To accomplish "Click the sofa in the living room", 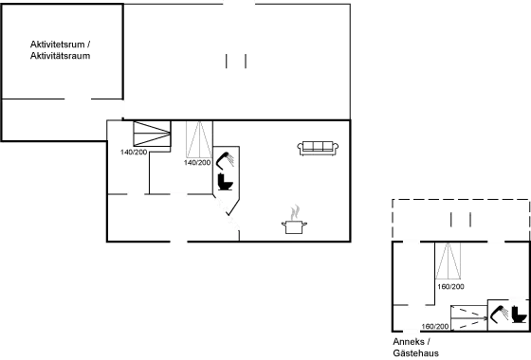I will [x=319, y=147].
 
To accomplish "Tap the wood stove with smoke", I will [x=297, y=219].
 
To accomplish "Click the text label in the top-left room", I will [x=61, y=50].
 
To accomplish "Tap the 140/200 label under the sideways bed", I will [x=133, y=151].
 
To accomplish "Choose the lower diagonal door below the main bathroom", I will [x=233, y=223].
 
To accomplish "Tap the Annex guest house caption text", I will [x=411, y=345].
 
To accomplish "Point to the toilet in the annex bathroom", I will [x=517, y=312].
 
